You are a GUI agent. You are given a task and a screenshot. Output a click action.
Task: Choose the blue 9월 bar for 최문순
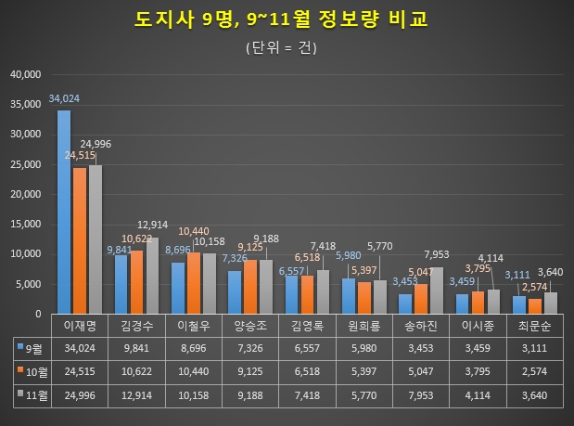tap(518, 303)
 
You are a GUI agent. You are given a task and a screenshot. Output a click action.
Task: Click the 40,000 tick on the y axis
tap(26, 74)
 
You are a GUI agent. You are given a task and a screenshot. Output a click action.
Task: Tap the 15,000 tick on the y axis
tap(26, 224)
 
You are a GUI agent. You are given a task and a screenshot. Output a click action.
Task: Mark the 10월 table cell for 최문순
tap(535, 370)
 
